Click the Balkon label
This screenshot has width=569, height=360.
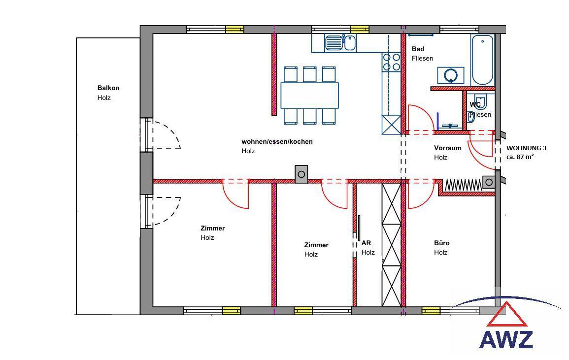coord(108,88)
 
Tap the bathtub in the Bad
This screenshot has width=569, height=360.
coord(482,60)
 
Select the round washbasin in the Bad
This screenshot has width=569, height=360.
coord(451,75)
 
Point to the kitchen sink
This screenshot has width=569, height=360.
coord(340,43)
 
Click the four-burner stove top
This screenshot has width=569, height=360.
coord(392,62)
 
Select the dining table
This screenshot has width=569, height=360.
coord(310,95)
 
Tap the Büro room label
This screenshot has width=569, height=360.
coord(441,243)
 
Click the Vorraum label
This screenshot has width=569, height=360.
coord(447,148)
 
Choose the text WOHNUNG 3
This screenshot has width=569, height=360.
coord(526,148)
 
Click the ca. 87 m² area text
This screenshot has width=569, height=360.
coord(521,157)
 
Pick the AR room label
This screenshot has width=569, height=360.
coord(366,243)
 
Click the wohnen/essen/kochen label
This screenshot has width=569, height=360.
coord(277,142)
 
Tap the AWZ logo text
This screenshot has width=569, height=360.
coord(506,340)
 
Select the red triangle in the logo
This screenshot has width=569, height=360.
coord(507,315)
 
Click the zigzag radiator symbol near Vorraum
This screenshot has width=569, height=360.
coord(463,185)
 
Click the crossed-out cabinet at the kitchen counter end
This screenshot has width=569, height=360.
coord(392,125)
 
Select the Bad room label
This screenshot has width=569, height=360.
coord(418,49)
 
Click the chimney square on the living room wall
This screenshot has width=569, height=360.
coord(301,174)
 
